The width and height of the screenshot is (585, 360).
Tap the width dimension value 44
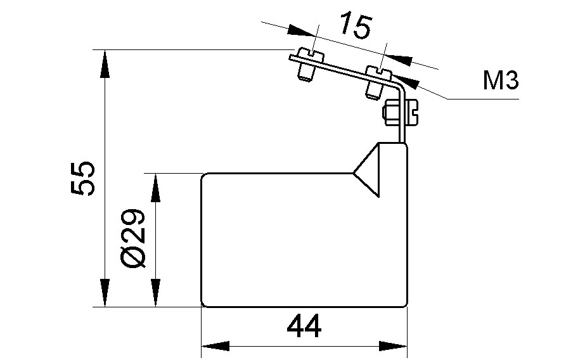click(x=304, y=327)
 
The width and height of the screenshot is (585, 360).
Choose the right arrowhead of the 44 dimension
click(x=394, y=347)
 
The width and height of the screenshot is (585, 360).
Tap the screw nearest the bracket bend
click(x=376, y=82)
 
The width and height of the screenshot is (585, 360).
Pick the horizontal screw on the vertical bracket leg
click(x=401, y=115)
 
